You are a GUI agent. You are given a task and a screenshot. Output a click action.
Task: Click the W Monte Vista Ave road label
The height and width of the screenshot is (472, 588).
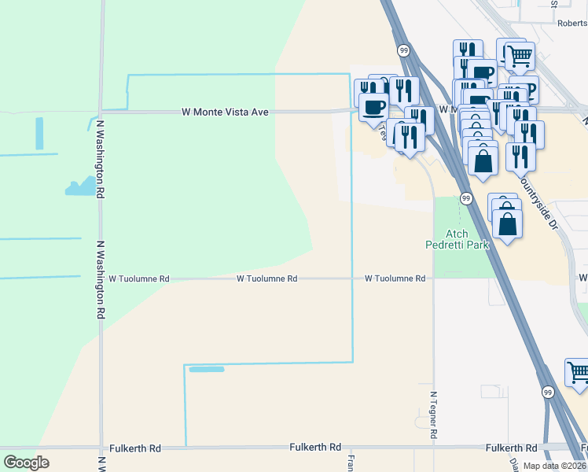[x=225, y=112]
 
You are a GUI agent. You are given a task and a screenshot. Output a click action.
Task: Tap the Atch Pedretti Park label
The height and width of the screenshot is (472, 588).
[x=468, y=239]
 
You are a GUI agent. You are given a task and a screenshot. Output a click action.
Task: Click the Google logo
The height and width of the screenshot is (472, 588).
[x=26, y=463]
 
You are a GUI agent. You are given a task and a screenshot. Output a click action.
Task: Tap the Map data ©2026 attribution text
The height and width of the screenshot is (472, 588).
[x=555, y=466]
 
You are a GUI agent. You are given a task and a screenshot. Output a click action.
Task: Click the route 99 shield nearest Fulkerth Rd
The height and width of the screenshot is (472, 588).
[x=547, y=391]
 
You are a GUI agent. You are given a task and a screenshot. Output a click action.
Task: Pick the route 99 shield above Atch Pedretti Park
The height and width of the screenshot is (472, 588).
[x=465, y=197]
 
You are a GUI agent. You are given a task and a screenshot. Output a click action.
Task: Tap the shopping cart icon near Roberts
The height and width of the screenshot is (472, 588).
[x=520, y=56]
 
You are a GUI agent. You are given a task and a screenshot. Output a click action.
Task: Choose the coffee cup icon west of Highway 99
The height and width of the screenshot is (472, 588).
[x=373, y=106]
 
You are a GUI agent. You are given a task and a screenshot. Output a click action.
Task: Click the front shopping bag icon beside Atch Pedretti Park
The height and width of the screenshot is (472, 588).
[x=508, y=224]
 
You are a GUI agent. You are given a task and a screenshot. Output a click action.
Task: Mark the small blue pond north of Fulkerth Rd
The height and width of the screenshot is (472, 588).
[x=207, y=369]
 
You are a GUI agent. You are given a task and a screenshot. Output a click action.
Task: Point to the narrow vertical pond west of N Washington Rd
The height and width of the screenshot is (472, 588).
[x=39, y=133]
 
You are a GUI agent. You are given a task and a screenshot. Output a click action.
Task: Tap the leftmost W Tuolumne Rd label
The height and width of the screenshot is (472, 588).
[x=139, y=278]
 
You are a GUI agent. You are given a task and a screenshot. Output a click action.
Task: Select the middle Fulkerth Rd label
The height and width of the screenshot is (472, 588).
[x=314, y=447]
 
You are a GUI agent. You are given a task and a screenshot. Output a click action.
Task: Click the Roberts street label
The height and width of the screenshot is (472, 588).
[x=571, y=24]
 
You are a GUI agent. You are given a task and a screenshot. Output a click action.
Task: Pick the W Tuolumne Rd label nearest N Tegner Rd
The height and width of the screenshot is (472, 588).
[x=395, y=278]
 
